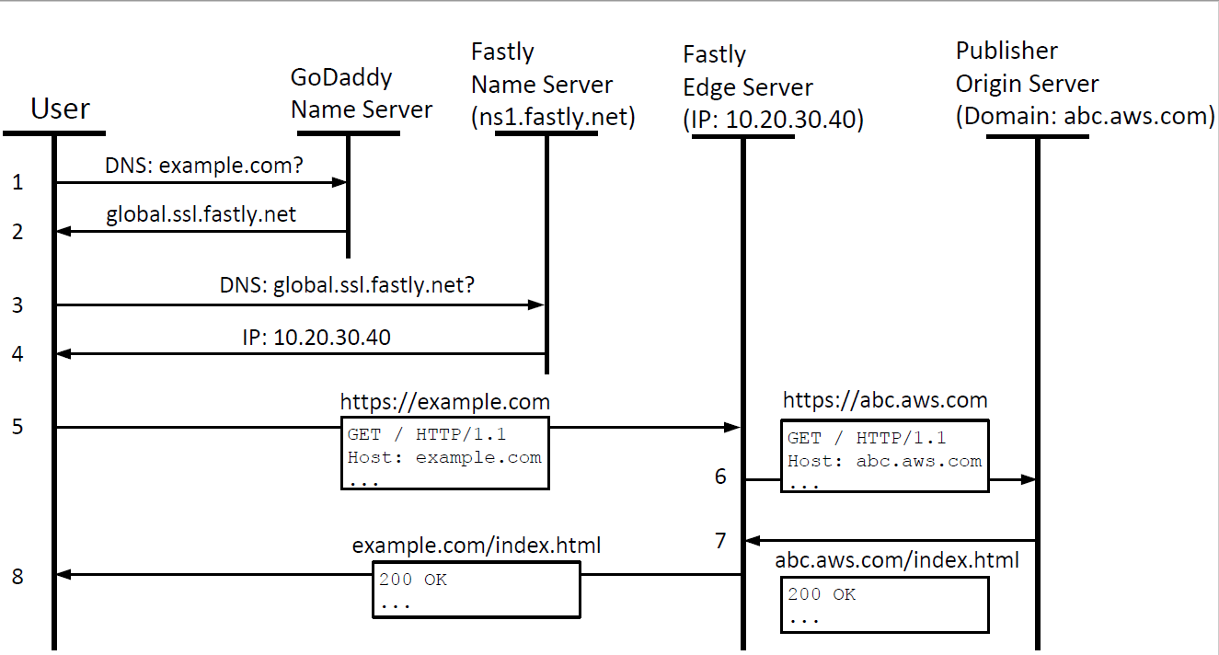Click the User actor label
point(60,109)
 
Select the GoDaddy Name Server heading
point(362,94)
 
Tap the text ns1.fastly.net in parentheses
point(553,118)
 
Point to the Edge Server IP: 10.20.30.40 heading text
point(774,121)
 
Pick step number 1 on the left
point(17,183)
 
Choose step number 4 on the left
point(17,353)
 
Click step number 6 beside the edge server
point(720,477)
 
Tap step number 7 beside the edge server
point(720,539)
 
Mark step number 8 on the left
point(17,577)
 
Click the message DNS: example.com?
point(204,166)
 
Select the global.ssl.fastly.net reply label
point(201,215)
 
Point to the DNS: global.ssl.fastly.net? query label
point(347,286)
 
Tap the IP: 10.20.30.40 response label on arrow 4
point(316,338)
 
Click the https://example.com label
point(445,402)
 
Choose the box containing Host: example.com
point(445,454)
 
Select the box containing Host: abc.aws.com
point(885,456)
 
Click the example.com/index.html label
point(477,546)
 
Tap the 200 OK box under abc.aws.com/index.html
point(885,604)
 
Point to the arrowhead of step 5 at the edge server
point(733,427)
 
